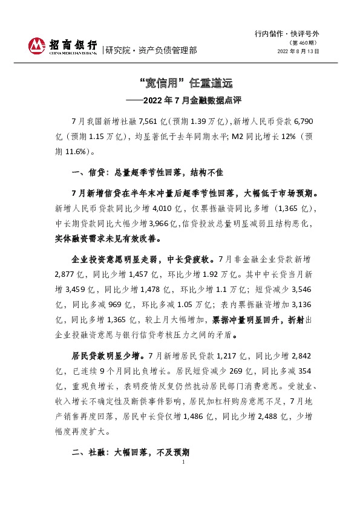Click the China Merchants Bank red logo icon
(37, 46)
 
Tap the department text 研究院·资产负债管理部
(151, 51)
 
